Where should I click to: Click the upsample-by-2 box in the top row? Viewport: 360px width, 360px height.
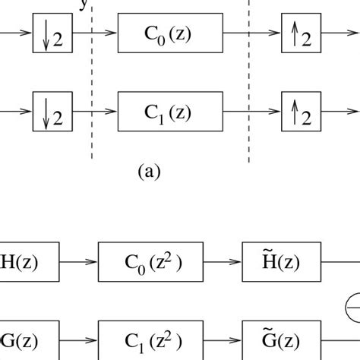[298, 34]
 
